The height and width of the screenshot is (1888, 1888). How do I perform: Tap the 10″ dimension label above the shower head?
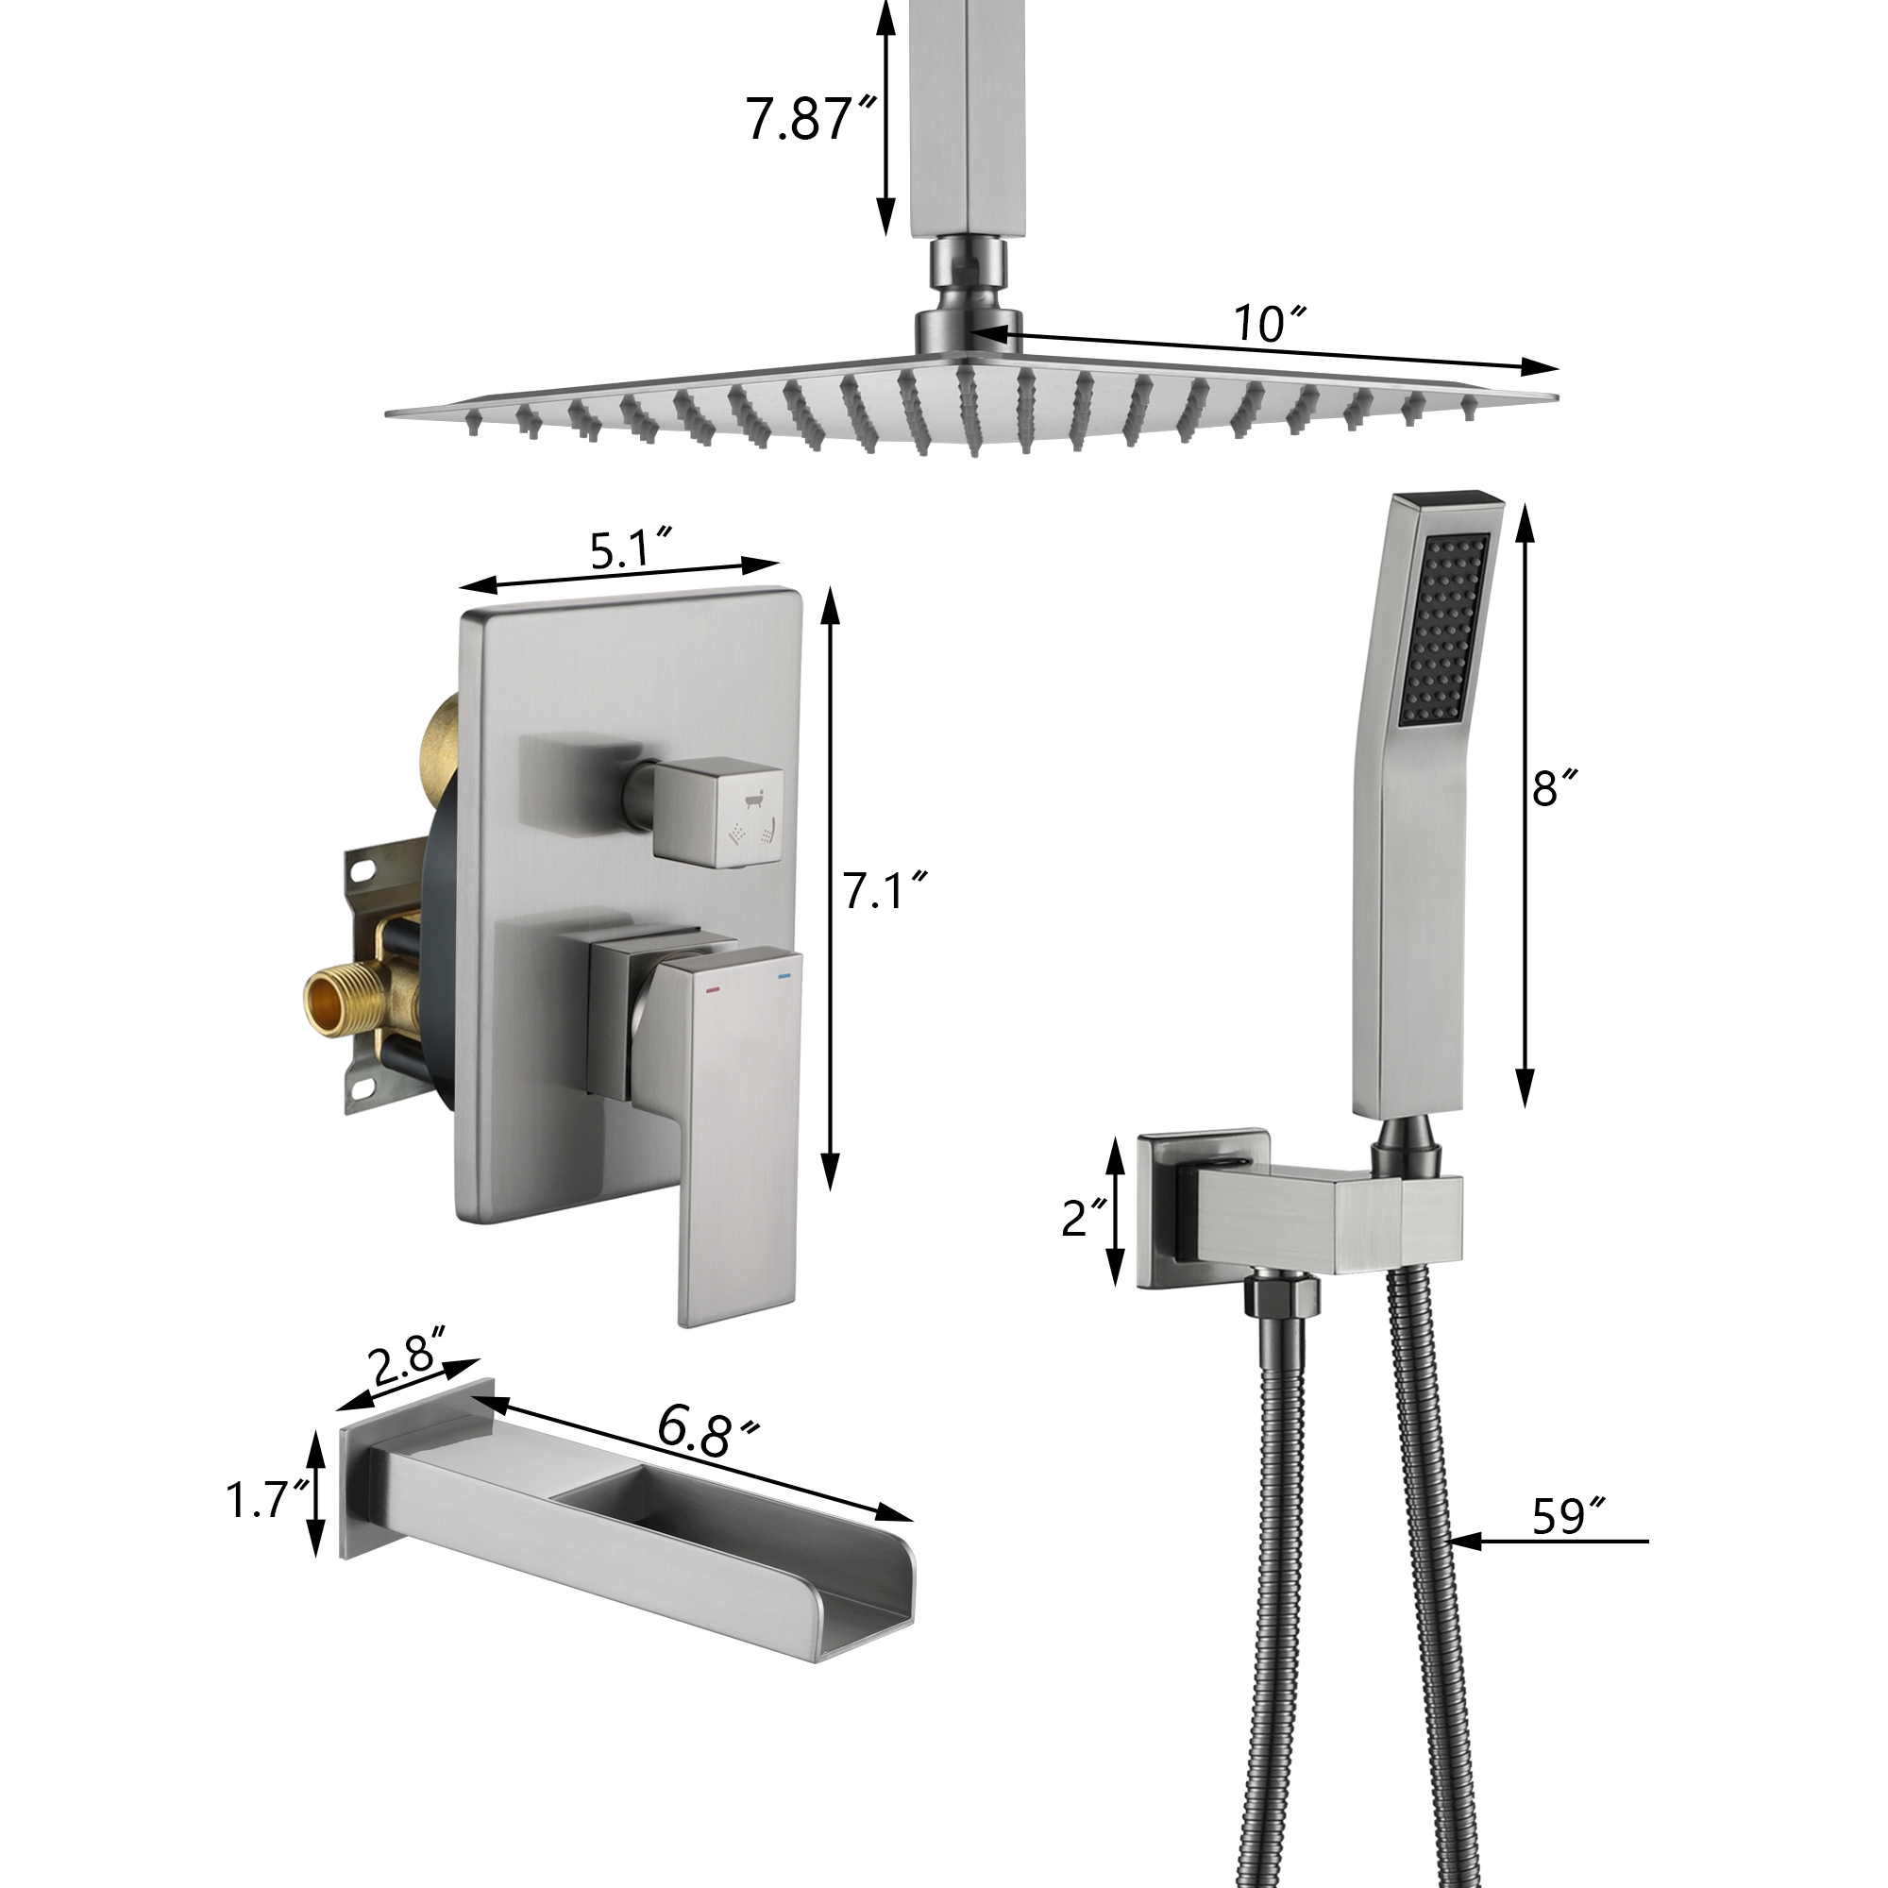pyautogui.click(x=1269, y=324)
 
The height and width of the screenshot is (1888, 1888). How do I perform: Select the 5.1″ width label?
pyautogui.click(x=632, y=550)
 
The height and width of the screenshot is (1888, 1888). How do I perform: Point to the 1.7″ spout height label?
pyautogui.click(x=267, y=1500)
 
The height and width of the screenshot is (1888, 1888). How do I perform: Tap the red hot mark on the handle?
pyautogui.click(x=713, y=989)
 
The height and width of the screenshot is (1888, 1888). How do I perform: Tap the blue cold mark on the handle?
pyautogui.click(x=783, y=976)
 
